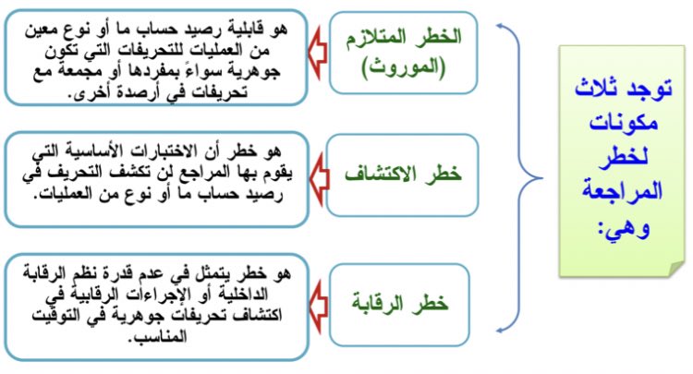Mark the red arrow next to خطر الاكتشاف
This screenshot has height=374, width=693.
[x=319, y=173]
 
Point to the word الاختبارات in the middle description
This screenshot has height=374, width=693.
[x=163, y=151]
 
